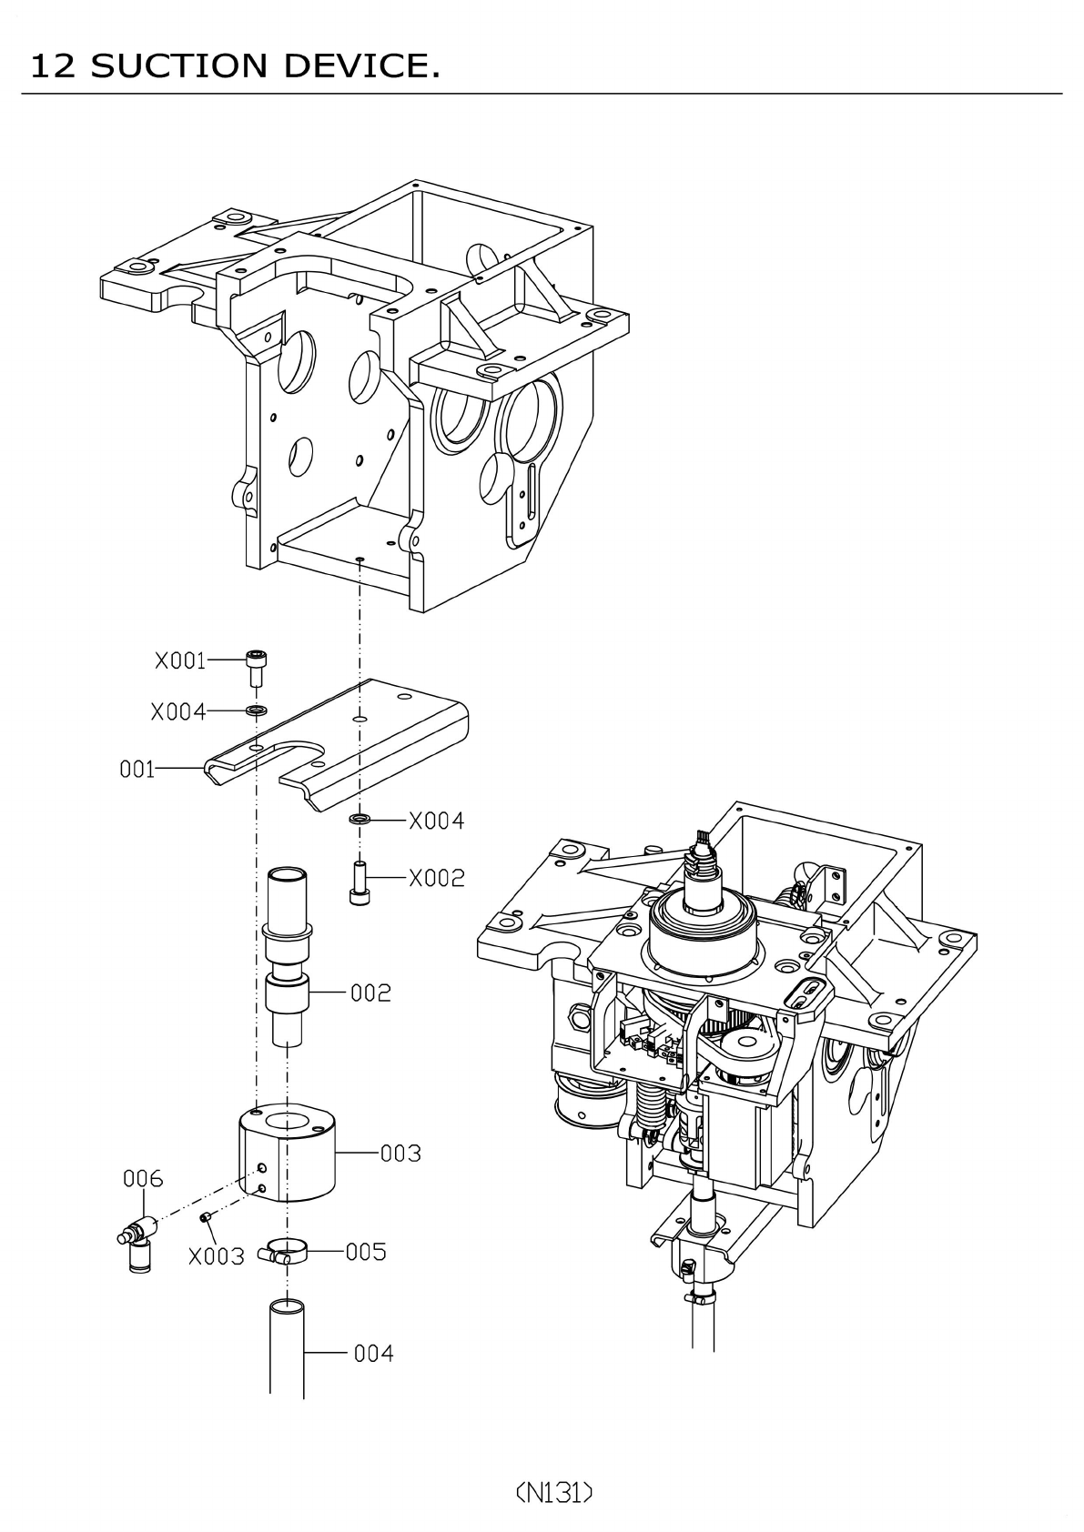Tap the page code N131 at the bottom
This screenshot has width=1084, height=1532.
coord(554,1492)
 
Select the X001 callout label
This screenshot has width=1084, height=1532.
coord(180,660)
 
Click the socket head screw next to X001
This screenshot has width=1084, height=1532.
coord(258,669)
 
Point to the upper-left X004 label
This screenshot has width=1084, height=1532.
coord(178,711)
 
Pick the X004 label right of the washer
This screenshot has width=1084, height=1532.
coord(436,821)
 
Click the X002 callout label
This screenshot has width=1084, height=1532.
coord(436,878)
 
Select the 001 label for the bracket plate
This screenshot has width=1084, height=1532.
coord(137,770)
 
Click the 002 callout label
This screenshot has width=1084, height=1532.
coord(371,993)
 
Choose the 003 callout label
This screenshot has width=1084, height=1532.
coord(400,1153)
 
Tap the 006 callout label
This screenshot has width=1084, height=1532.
coord(143,1179)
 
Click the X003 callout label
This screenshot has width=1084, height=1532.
coord(217,1256)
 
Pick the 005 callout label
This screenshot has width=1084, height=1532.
coord(366,1252)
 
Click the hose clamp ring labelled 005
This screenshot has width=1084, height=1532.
coord(287,1253)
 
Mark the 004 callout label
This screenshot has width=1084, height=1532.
coord(373,1354)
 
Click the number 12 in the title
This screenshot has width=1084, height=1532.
coord(52,66)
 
